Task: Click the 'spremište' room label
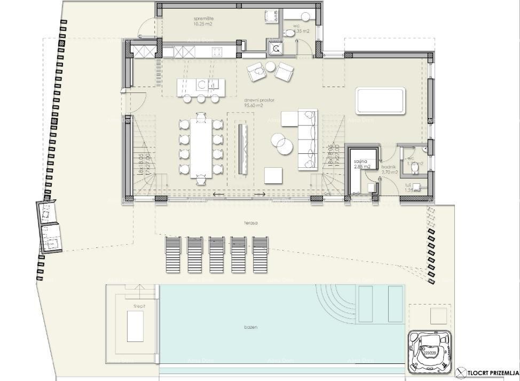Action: pos(203,19)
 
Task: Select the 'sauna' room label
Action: pos(361,161)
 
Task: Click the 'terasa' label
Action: pos(246,223)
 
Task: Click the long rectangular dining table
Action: pos(201,147)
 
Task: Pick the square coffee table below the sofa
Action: pos(273,175)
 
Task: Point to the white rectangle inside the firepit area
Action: pos(135,326)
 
